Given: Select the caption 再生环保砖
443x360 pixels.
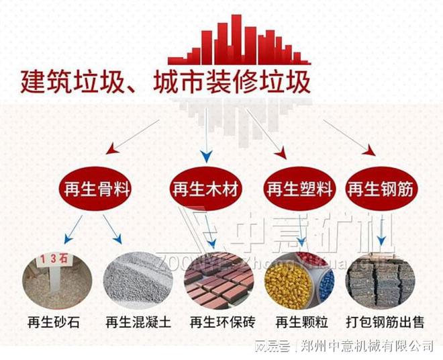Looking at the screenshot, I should pyautogui.click(x=222, y=322).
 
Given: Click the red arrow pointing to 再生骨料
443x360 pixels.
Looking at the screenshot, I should pyautogui.click(x=131, y=134).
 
